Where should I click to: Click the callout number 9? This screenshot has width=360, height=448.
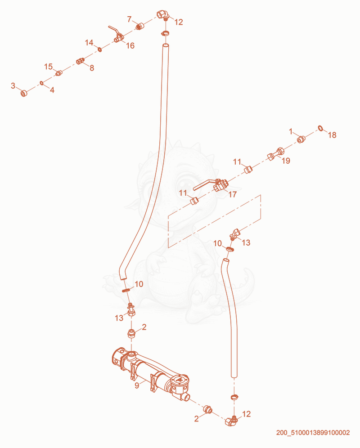tap(137, 385)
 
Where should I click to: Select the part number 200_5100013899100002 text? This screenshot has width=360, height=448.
tap(313, 433)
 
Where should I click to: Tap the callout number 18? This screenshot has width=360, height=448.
tap(332, 135)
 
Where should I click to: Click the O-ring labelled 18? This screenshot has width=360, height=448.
tap(321, 128)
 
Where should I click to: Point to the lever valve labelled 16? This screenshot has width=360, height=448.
tap(117, 35)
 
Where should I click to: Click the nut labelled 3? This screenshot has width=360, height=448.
tap(24, 93)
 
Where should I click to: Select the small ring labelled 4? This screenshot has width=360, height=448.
tap(41, 83)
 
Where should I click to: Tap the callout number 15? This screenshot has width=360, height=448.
tap(48, 67)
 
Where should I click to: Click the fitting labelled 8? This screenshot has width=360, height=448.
tap(81, 61)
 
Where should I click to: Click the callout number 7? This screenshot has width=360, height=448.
tap(130, 19)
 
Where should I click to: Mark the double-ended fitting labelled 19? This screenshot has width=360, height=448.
tap(276, 153)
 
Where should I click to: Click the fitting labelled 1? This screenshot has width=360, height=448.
tap(301, 139)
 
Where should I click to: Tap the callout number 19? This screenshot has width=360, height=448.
tap(286, 161)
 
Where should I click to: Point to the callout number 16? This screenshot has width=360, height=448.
tap(130, 46)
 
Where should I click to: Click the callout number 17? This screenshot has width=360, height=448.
tap(233, 194)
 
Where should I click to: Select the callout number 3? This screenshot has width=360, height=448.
tap(13, 85)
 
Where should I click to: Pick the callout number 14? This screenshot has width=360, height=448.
tap(89, 43)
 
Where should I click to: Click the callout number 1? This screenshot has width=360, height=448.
tap(291, 131)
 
